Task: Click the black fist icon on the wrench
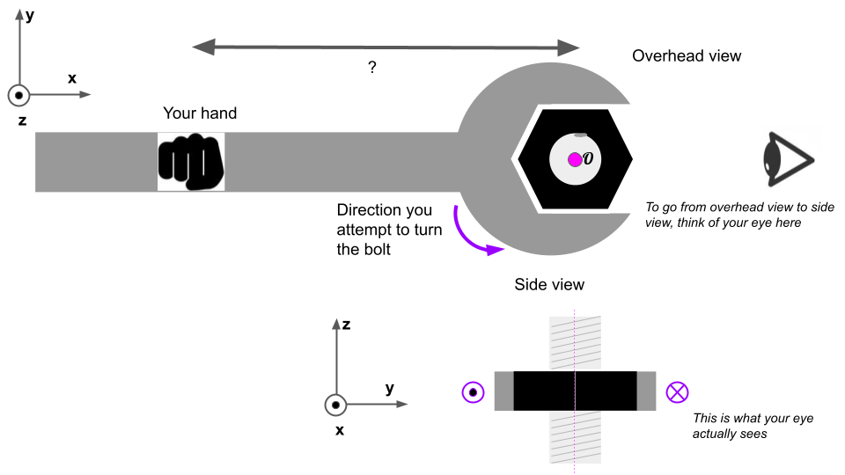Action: pos(191,161)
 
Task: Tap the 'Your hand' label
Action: pos(200,113)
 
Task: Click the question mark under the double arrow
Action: pos(372,68)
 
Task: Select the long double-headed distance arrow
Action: pos(386,46)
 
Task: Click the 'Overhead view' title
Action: pos(687,56)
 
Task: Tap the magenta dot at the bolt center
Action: pos(575,159)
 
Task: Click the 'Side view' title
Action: pos(549,284)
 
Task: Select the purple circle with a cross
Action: pos(677,391)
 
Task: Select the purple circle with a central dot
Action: pos(473,391)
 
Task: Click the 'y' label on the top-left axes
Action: pos(30,15)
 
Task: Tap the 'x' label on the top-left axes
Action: pos(72,78)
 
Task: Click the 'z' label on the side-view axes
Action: pos(347,325)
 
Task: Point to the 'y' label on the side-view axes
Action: pos(389,388)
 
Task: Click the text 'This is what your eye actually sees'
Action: pos(753,426)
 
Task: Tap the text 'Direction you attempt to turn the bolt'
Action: pos(385,229)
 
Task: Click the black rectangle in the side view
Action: pos(575,391)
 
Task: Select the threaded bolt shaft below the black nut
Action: pos(575,436)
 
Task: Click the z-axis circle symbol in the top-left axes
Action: pos(18,95)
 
